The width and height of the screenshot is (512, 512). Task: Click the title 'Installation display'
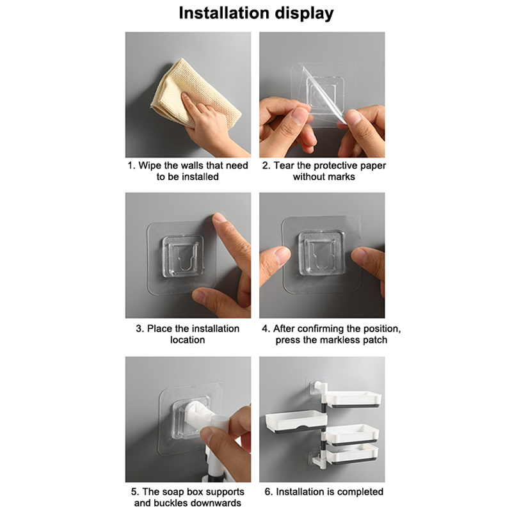click(x=256, y=13)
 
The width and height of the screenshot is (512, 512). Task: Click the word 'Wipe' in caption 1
click(x=150, y=166)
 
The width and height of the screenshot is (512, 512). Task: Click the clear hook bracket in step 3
click(x=183, y=257)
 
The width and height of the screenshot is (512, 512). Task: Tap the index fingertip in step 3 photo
click(x=220, y=218)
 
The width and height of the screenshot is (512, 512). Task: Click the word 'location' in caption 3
click(x=188, y=340)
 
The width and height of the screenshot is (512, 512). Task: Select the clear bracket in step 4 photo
click(x=322, y=253)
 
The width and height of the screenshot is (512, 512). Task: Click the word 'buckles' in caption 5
click(x=170, y=502)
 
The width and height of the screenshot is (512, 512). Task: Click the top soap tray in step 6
click(x=354, y=399)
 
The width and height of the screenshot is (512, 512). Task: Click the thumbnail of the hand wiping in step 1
click(x=188, y=95)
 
